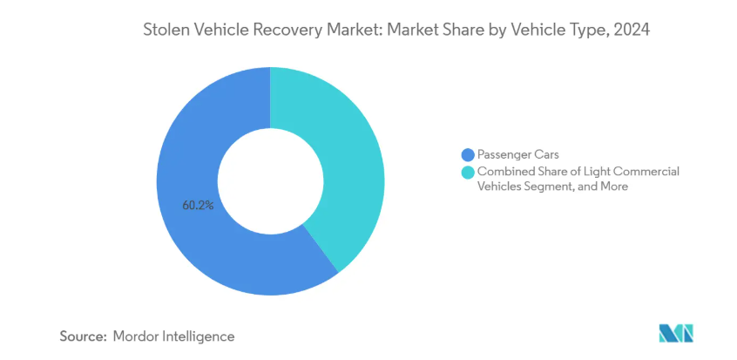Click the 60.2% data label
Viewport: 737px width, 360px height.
tap(198, 207)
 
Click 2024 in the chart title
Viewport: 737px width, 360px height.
tap(633, 31)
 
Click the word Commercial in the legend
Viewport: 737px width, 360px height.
tap(646, 172)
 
